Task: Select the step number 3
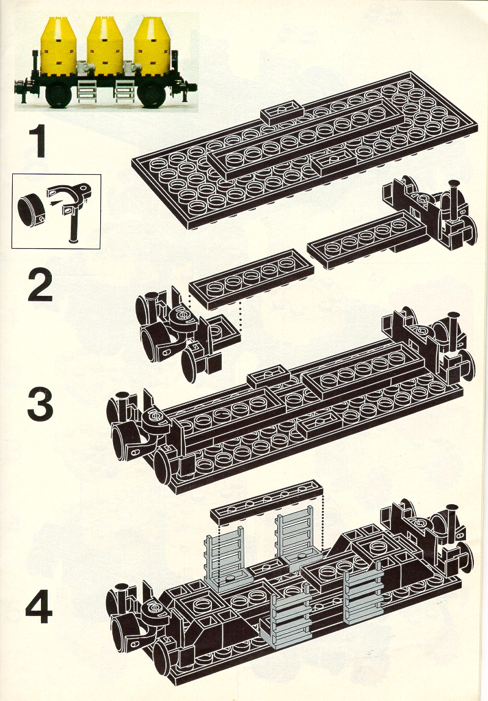[41, 405]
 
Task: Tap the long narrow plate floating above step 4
[268, 502]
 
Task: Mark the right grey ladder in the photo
[124, 90]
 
